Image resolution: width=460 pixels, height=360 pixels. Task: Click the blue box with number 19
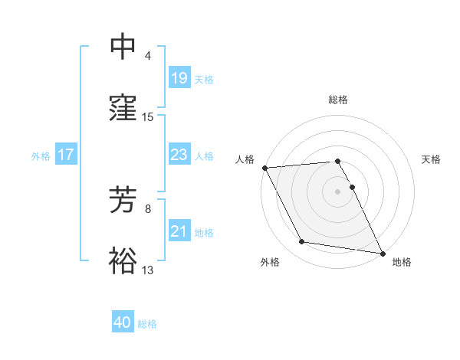pos(179,78)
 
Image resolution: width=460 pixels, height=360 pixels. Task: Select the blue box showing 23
pos(179,155)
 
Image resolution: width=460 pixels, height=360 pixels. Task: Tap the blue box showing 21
pos(179,231)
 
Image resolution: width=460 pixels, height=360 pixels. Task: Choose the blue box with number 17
pos(66,155)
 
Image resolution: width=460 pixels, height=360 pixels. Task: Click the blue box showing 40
pos(123,322)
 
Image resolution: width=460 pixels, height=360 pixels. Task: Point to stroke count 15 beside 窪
pos(148,117)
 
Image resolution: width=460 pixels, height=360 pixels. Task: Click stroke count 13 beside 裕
pos(148,270)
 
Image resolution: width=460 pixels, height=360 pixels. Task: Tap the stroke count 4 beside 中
pos(148,56)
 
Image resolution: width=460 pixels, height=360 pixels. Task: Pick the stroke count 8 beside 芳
pos(148,208)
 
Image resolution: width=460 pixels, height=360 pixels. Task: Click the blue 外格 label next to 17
pos(41,155)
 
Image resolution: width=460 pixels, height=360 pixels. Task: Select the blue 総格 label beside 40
pos(147,324)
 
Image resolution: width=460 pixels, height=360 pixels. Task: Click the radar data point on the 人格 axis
pos(264,168)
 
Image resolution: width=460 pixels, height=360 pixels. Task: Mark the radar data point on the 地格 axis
pos(382,252)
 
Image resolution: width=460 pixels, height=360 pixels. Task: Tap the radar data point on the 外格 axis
pos(302,242)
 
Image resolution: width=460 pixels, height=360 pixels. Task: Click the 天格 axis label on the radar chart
pos(431,159)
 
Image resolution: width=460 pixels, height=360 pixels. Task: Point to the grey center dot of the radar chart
pos(338,191)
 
